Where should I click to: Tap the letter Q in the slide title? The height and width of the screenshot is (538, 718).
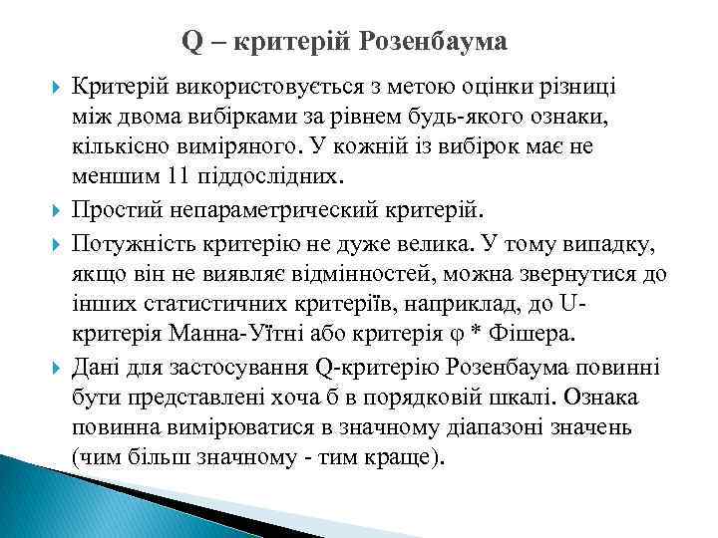coord(192,42)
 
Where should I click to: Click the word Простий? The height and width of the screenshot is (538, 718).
coord(114,209)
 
